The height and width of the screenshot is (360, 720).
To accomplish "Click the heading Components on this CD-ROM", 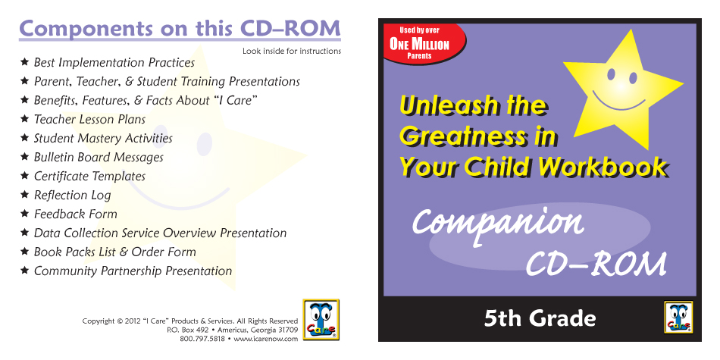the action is click(x=180, y=29).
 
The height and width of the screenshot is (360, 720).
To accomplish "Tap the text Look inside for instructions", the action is click(x=292, y=51).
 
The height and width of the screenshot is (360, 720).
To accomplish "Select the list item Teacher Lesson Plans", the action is click(x=89, y=120).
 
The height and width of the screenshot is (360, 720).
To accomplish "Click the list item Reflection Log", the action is click(x=73, y=195).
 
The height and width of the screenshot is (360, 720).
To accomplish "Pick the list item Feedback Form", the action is click(x=76, y=214).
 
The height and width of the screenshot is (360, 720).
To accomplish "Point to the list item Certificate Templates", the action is click(x=89, y=177).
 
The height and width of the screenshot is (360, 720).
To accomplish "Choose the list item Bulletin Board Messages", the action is click(x=99, y=157).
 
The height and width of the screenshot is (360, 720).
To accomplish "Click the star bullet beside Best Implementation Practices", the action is click(x=25, y=61).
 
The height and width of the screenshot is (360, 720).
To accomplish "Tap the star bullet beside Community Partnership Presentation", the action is click(x=25, y=270).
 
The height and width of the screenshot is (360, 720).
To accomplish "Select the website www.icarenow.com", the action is click(x=265, y=339).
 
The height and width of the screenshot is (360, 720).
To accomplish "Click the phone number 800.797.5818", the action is click(x=202, y=339).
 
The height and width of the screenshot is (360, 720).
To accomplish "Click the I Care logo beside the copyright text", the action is click(x=321, y=320).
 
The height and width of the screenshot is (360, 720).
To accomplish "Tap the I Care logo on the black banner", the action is click(x=678, y=317).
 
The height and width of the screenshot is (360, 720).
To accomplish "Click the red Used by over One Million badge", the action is click(x=424, y=43).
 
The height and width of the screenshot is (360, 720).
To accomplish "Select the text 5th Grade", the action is click(x=540, y=318).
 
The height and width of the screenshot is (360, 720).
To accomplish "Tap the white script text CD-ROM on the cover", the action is click(x=596, y=264).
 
